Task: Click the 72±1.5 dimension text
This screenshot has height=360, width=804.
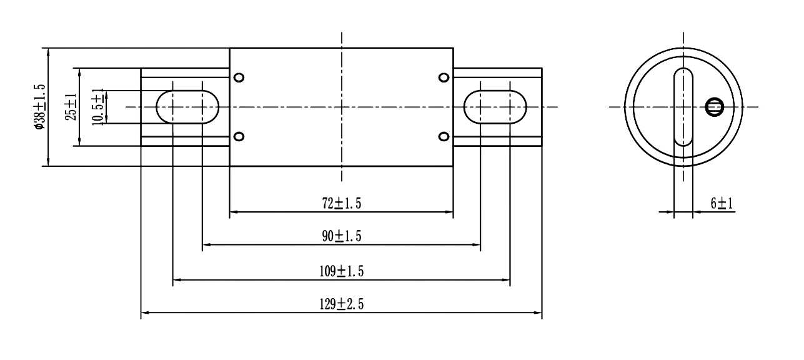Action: point(341,202)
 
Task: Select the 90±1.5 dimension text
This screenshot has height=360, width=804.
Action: point(341,236)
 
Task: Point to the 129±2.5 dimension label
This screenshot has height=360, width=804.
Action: point(341,304)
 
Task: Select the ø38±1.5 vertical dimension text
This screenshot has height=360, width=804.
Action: point(40,107)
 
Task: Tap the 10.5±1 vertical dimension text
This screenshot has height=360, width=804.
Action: point(97,107)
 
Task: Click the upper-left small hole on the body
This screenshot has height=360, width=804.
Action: point(239,77)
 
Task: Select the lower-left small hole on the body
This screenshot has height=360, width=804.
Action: point(239,136)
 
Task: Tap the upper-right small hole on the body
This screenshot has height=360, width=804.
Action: point(444,77)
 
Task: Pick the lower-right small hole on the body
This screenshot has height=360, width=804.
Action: point(444,136)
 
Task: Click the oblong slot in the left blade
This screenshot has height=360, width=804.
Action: point(187,107)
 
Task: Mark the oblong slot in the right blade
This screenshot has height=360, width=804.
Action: point(495,107)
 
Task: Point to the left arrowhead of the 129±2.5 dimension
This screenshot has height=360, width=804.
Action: point(144,313)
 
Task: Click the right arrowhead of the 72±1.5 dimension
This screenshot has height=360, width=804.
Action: point(449,212)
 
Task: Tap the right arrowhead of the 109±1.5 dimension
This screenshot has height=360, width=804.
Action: point(507,279)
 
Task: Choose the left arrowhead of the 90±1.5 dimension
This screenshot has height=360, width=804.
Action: point(206,244)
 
